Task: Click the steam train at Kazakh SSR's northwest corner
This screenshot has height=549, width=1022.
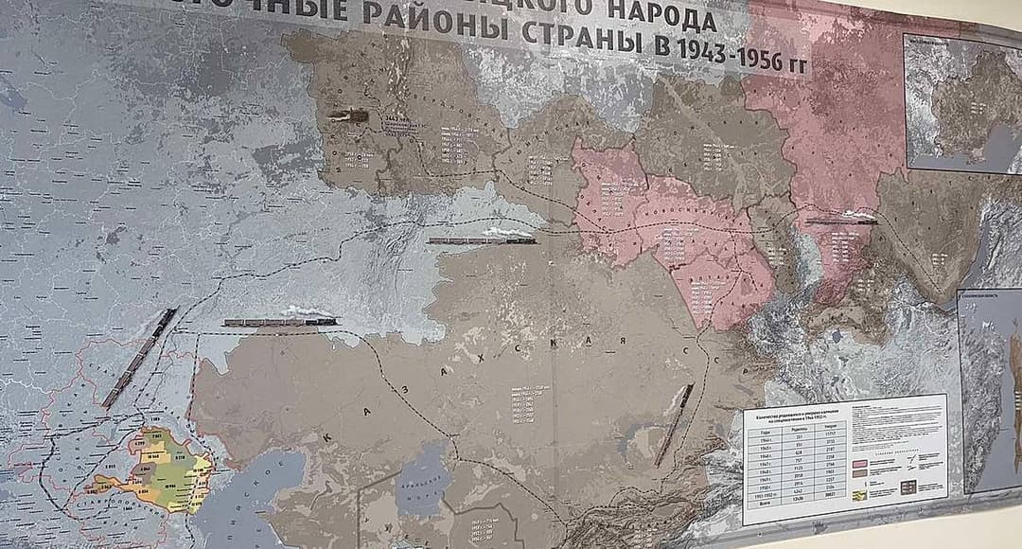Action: [x=280, y=320]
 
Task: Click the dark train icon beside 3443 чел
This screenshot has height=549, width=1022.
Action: [x=342, y=115]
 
